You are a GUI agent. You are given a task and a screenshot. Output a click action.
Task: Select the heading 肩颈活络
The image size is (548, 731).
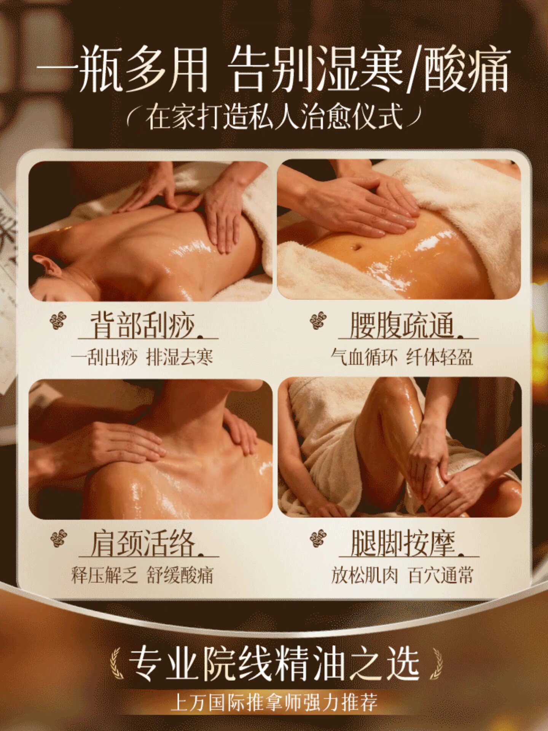pyautogui.click(x=143, y=543)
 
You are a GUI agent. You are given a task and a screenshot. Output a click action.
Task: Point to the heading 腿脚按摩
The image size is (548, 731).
pyautogui.click(x=403, y=543)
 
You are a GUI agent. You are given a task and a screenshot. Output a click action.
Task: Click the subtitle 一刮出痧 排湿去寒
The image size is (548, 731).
pyautogui.click(x=142, y=357)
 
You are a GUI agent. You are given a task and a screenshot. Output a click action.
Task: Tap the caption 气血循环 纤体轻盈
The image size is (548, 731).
pyautogui.click(x=402, y=357)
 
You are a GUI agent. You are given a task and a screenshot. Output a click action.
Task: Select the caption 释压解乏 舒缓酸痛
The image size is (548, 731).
pyautogui.click(x=142, y=575)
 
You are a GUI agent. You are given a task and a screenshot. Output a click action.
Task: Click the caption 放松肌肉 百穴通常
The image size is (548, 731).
pyautogui.click(x=402, y=575)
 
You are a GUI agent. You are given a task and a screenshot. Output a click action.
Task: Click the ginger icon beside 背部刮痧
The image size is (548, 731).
pyautogui.click(x=58, y=321)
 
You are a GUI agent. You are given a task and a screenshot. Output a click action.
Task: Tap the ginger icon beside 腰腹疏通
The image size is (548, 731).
pyautogui.click(x=318, y=321)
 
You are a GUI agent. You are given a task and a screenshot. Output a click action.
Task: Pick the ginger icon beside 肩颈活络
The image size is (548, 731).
pyautogui.click(x=59, y=538)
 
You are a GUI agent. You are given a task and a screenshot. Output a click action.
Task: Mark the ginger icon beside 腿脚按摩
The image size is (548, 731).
pyautogui.click(x=319, y=538)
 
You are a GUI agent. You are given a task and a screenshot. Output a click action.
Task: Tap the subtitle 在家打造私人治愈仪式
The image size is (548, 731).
pyautogui.click(x=274, y=116)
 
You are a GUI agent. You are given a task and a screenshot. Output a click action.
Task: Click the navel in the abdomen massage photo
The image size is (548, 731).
pyautogui.click(x=355, y=247)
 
